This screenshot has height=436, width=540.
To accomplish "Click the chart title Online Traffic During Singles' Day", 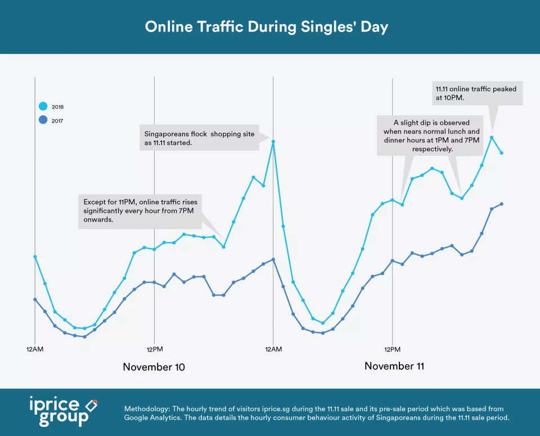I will [267, 27].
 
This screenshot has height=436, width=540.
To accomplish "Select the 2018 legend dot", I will [43, 106].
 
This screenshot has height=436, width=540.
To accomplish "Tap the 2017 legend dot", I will [43, 120].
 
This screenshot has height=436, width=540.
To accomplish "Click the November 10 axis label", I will [154, 367].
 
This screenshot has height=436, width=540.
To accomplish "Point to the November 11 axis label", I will [394, 366].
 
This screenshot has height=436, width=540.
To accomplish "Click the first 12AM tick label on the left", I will [35, 349].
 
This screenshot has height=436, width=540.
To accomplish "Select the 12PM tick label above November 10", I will [154, 349].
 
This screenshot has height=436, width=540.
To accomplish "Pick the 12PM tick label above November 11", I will [392, 349].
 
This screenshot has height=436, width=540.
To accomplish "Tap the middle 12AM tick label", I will [273, 349].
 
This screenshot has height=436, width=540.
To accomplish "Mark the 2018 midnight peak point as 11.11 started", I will [273, 142].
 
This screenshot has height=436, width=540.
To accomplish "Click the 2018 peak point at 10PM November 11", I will [492, 137].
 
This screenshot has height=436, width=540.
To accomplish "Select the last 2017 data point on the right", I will [501, 204].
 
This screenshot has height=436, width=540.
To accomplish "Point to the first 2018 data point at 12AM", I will [35, 257].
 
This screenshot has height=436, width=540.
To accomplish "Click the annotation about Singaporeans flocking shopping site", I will [199, 139].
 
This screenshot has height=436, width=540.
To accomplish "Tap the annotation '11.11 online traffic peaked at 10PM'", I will [476, 93].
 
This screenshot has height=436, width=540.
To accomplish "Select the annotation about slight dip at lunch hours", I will [429, 136].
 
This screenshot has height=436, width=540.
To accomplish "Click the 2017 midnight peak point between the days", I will [273, 259].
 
